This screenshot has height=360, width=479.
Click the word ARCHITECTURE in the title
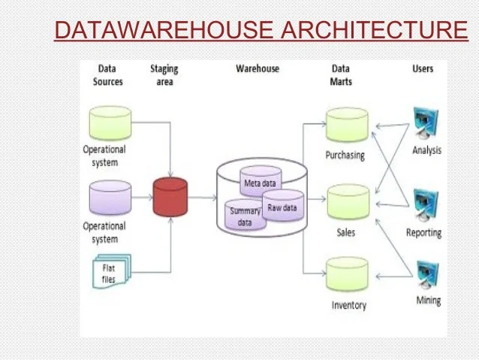tap(374, 31)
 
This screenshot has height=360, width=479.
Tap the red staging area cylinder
tap(170, 197)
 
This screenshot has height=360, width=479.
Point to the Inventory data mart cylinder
tap(348, 275)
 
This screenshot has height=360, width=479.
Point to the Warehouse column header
tap(257, 68)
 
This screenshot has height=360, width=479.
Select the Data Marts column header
tap(341, 74)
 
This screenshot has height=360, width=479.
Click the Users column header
tap(423, 68)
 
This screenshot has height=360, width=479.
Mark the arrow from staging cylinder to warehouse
tap(201, 197)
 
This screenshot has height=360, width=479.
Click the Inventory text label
tap(348, 305)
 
